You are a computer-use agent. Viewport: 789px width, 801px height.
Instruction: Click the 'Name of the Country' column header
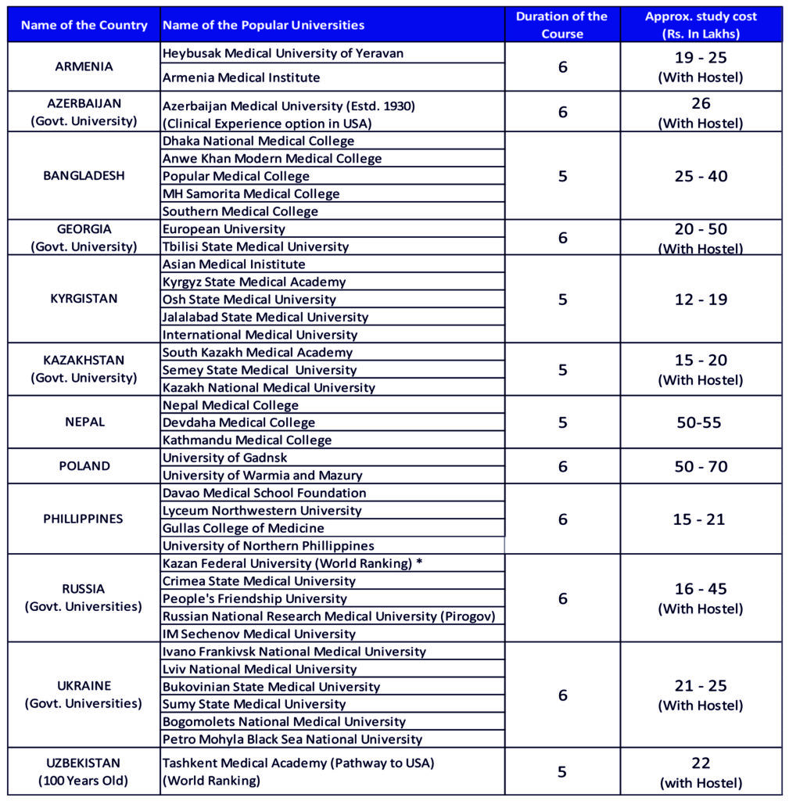pyautogui.click(x=84, y=25)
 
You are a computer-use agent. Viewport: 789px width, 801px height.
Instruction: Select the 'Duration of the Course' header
pyautogui.click(x=561, y=25)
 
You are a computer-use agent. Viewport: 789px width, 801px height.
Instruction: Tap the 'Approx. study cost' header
pyautogui.click(x=701, y=25)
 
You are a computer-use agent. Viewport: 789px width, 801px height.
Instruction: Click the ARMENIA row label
pyautogui.click(x=84, y=66)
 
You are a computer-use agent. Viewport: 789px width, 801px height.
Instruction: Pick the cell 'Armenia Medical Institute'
pyautogui.click(x=241, y=77)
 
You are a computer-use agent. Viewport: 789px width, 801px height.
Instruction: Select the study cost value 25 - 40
pyautogui.click(x=701, y=176)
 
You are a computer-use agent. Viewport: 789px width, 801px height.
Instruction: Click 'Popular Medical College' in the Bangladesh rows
pyautogui.click(x=235, y=176)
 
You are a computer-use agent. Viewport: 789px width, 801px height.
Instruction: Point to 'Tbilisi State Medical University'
pyautogui.click(x=255, y=246)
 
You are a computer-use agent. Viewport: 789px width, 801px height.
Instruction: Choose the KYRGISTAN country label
pyautogui.click(x=84, y=299)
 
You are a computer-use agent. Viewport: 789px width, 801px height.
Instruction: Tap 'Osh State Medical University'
pyautogui.click(x=249, y=300)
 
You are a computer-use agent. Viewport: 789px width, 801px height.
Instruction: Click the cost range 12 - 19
pyautogui.click(x=701, y=300)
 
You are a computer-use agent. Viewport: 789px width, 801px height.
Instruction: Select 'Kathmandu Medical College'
pyautogui.click(x=246, y=440)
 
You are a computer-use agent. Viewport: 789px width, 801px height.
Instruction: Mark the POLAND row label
pyautogui.click(x=84, y=466)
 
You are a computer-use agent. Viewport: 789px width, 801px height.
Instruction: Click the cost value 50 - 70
pyautogui.click(x=701, y=466)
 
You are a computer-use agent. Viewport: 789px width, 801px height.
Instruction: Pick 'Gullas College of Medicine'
pyautogui.click(x=242, y=528)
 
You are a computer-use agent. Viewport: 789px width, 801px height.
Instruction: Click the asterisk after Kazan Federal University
pyautogui.click(x=420, y=563)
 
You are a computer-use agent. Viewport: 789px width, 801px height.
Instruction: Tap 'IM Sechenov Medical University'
pyautogui.click(x=259, y=634)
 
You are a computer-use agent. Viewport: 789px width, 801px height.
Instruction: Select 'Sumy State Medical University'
pyautogui.click(x=254, y=704)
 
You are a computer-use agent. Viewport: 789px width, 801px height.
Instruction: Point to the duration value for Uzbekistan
pyautogui.click(x=562, y=772)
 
